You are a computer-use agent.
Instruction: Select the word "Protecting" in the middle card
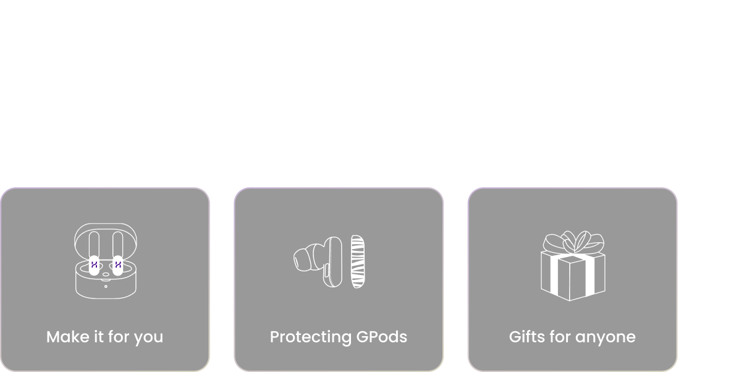tap(311, 337)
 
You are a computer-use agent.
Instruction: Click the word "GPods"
tap(382, 337)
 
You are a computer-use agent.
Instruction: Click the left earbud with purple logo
tap(94, 265)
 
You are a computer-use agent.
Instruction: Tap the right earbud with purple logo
tap(117, 265)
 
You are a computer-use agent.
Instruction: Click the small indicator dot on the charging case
tap(106, 286)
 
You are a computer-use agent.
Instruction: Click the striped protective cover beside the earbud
tap(358, 261)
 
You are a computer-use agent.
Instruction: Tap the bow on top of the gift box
tap(573, 242)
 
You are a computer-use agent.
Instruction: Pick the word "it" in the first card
tap(99, 337)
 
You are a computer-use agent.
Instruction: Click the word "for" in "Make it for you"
tap(119, 337)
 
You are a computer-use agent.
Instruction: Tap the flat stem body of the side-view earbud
tap(333, 262)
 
